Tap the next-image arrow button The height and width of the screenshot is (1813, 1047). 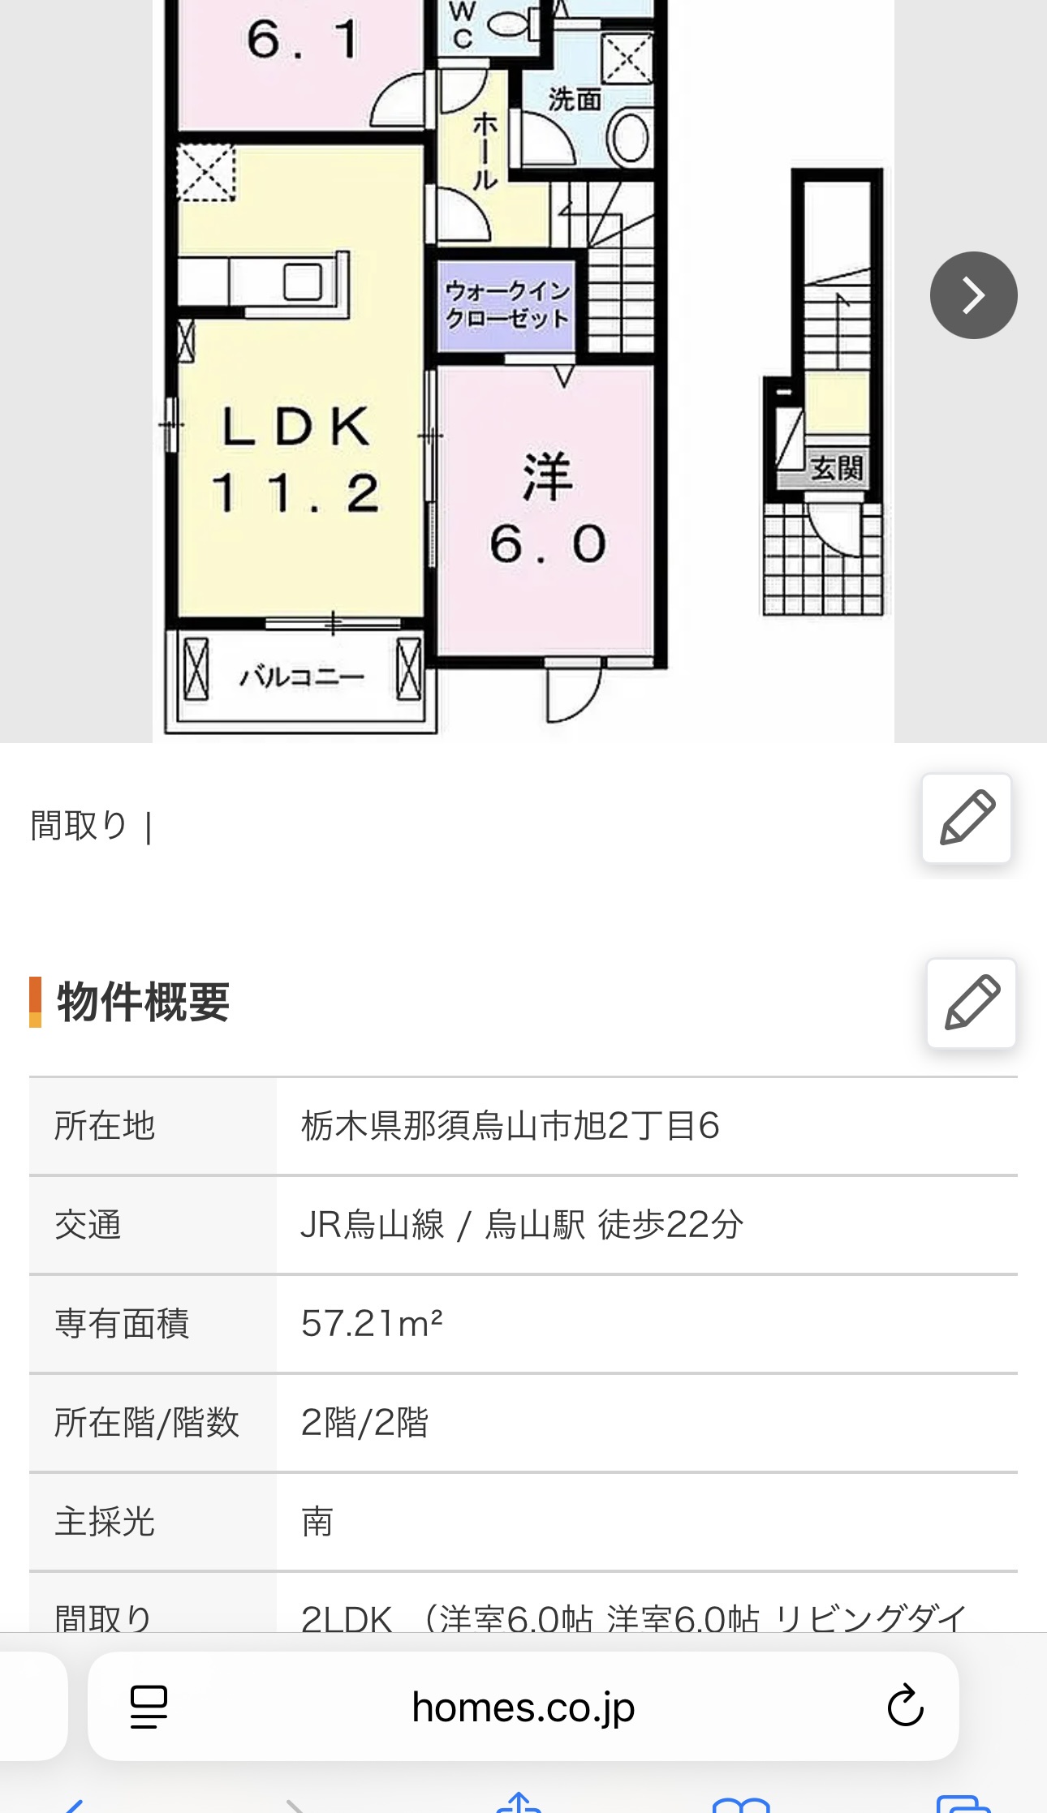(x=973, y=295)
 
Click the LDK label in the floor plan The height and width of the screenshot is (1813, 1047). (x=296, y=427)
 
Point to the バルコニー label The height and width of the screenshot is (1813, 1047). (x=302, y=676)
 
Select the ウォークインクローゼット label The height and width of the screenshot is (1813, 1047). (x=507, y=304)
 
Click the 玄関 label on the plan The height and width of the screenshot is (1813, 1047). (x=837, y=468)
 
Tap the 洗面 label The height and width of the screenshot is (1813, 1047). (x=575, y=100)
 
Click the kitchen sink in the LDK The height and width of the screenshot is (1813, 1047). (x=304, y=282)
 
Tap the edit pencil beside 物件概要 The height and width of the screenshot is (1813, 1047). (x=972, y=1003)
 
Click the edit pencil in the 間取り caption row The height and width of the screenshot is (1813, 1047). (x=967, y=818)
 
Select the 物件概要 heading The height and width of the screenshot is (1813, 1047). (x=143, y=1003)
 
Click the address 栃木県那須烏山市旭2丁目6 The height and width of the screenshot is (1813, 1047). (x=510, y=1126)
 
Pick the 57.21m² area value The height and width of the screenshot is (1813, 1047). (x=372, y=1324)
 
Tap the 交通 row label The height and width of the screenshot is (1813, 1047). (x=88, y=1225)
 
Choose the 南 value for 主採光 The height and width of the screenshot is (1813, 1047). (x=317, y=1522)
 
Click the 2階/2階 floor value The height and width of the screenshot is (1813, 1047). (x=364, y=1423)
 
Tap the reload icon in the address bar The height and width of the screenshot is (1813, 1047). (x=905, y=1706)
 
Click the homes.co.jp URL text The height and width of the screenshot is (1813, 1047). (x=523, y=1708)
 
